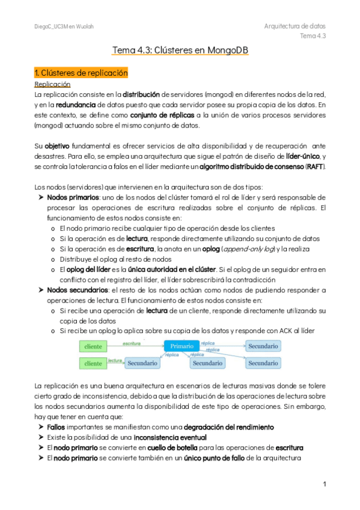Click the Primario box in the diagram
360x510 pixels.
[x=182, y=346]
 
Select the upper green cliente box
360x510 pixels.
[x=93, y=347]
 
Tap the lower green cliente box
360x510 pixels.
[x=93, y=363]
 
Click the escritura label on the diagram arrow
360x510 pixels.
[x=132, y=343]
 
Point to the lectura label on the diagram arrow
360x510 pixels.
[x=115, y=360]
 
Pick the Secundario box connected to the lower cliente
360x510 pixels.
[x=142, y=363]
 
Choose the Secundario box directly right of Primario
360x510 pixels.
[x=263, y=346]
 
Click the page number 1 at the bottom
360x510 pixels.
[x=324, y=484]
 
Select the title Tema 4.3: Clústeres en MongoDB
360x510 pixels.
[x=180, y=52]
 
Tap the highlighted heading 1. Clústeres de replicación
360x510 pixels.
[x=81, y=73]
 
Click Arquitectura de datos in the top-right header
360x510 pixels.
[x=294, y=26]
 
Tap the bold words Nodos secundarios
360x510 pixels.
[x=73, y=290]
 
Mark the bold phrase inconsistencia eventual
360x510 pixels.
[x=170, y=437]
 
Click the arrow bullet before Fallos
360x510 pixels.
[x=40, y=426]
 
